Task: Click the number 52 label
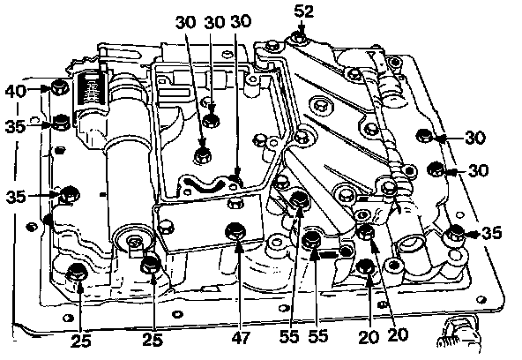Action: (x=303, y=12)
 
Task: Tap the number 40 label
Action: (x=16, y=91)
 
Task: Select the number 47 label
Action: (x=241, y=338)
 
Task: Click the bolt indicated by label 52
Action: (x=298, y=38)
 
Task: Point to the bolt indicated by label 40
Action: (x=60, y=88)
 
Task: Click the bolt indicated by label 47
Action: (x=235, y=231)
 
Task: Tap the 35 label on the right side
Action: (x=491, y=233)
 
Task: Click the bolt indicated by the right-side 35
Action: (x=456, y=232)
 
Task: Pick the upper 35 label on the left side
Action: (x=15, y=126)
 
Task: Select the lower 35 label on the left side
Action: (x=16, y=196)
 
